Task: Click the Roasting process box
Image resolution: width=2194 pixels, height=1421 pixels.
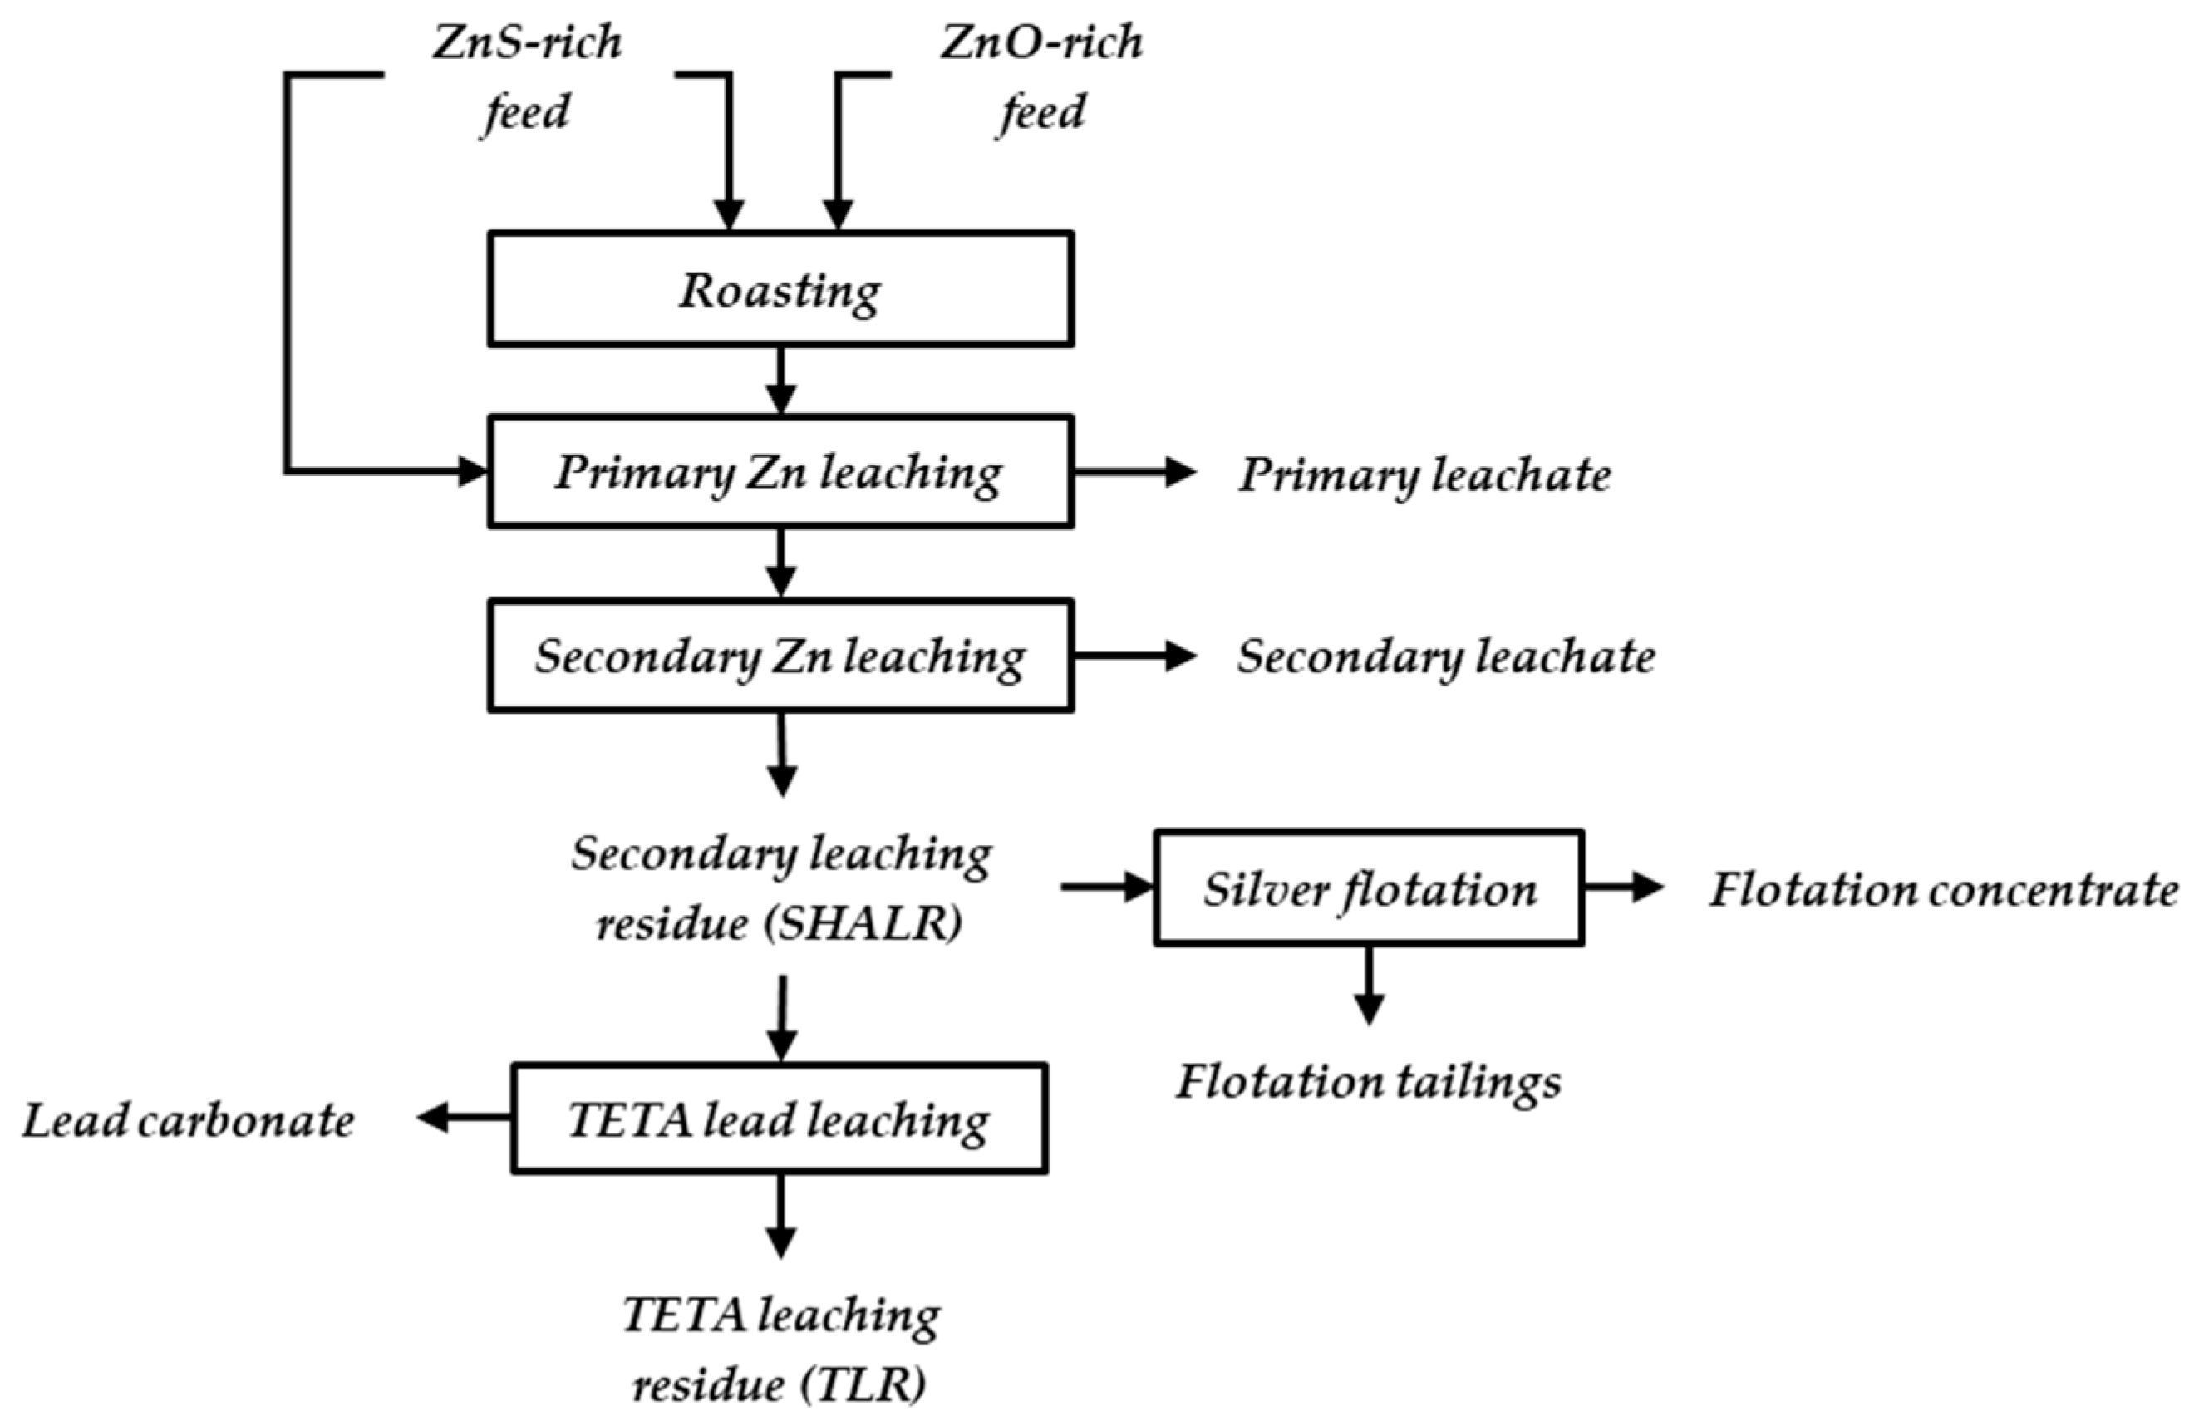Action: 780,289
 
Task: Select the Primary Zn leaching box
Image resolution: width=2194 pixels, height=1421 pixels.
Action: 780,472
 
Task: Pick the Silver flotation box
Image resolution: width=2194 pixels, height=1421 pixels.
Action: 1369,888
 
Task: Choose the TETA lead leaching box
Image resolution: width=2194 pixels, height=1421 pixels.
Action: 780,1119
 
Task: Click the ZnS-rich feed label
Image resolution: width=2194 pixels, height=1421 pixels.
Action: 527,77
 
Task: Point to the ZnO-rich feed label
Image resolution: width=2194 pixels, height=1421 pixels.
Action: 1041,77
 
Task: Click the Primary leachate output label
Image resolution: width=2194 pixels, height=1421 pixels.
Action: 1424,474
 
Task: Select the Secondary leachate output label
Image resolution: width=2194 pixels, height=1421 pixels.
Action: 1445,657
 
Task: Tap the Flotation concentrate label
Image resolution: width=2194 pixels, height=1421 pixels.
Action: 1943,889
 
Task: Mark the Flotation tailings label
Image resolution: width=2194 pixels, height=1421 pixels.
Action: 1369,1081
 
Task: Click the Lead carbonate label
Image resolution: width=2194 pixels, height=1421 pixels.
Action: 189,1120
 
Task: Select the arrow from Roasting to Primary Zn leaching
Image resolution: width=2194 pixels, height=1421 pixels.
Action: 781,381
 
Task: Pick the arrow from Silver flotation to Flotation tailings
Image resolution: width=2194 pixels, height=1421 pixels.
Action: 1369,984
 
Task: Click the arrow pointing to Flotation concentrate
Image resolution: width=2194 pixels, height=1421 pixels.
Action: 1622,888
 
